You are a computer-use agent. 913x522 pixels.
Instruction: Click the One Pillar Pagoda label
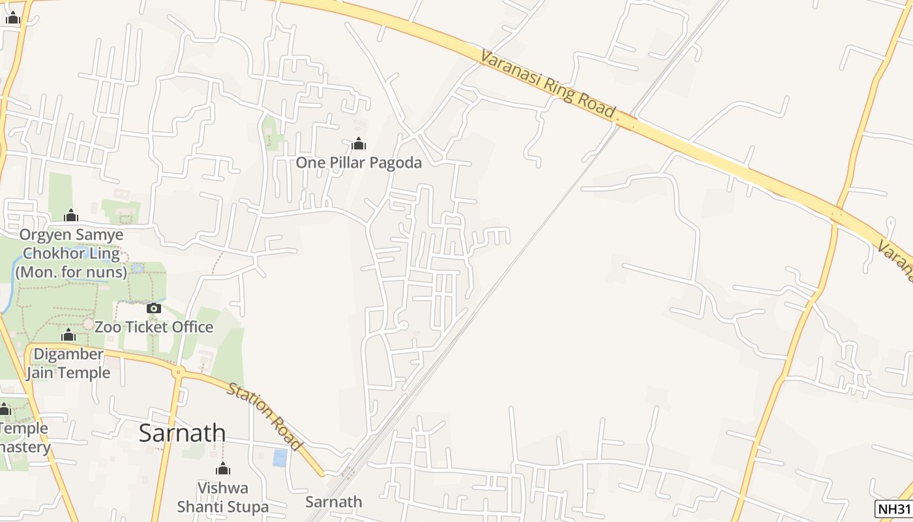(x=359, y=162)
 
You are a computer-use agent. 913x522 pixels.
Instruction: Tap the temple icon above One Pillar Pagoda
(x=358, y=144)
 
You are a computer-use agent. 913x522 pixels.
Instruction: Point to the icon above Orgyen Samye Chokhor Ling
(x=71, y=215)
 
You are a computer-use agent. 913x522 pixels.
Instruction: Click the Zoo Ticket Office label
(x=154, y=327)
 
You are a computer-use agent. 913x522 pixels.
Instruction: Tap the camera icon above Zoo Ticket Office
(x=154, y=308)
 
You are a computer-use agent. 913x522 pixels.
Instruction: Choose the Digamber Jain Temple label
(x=68, y=363)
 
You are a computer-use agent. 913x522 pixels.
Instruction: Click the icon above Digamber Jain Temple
(x=68, y=335)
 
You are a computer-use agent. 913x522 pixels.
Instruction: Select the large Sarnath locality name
(x=182, y=433)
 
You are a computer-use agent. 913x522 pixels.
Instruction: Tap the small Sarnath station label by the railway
(x=333, y=502)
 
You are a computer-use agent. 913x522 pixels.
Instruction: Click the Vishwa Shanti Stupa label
(x=223, y=497)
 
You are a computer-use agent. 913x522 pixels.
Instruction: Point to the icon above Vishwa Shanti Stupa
(x=223, y=468)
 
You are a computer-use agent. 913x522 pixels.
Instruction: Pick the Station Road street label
(x=265, y=416)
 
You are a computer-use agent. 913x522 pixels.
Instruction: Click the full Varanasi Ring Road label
(x=548, y=85)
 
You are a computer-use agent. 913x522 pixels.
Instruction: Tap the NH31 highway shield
(x=893, y=509)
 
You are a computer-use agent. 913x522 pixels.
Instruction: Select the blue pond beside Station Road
(x=280, y=457)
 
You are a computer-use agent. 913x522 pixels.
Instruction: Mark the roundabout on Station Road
(x=177, y=372)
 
